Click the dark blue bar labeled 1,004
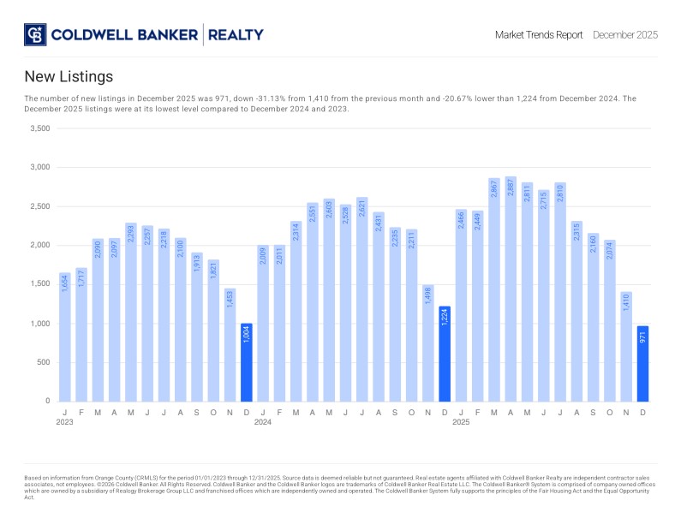click(247, 362)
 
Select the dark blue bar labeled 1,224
click(445, 354)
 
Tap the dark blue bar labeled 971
click(642, 363)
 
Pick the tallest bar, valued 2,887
click(511, 289)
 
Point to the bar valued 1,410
click(626, 346)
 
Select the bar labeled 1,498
click(428, 342)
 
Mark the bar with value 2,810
click(560, 292)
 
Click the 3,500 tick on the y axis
click(39, 128)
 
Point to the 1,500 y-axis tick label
click(39, 284)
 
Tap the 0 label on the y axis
click(47, 401)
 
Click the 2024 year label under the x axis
click(263, 422)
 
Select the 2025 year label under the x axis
click(461, 422)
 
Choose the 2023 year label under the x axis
click(65, 422)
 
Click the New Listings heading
click(69, 77)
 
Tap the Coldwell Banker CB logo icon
click(35, 35)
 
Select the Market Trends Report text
click(539, 35)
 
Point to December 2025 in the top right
click(625, 35)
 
